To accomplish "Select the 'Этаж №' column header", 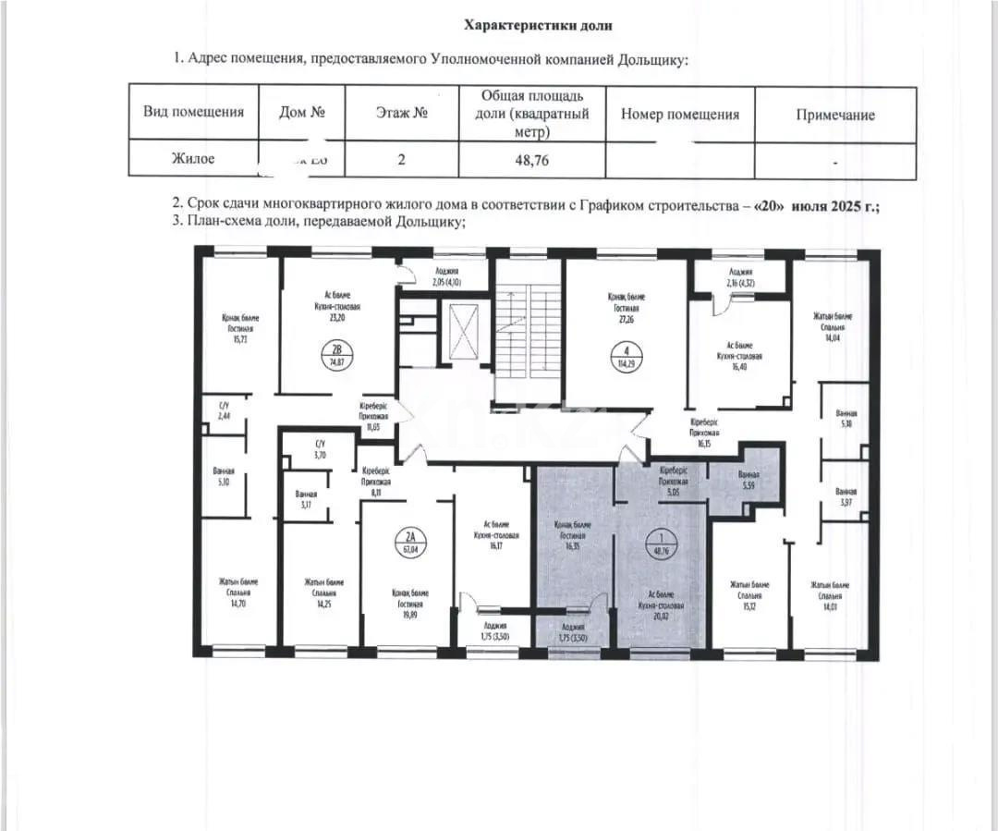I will (401, 114).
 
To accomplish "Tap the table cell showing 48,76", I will (531, 159).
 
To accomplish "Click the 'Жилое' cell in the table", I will (192, 159).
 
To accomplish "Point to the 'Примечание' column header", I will (834, 115).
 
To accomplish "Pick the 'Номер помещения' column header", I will (679, 115).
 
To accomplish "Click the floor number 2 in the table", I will (401, 159).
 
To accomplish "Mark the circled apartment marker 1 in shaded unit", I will (659, 536).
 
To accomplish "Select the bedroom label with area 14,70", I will (238, 592).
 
